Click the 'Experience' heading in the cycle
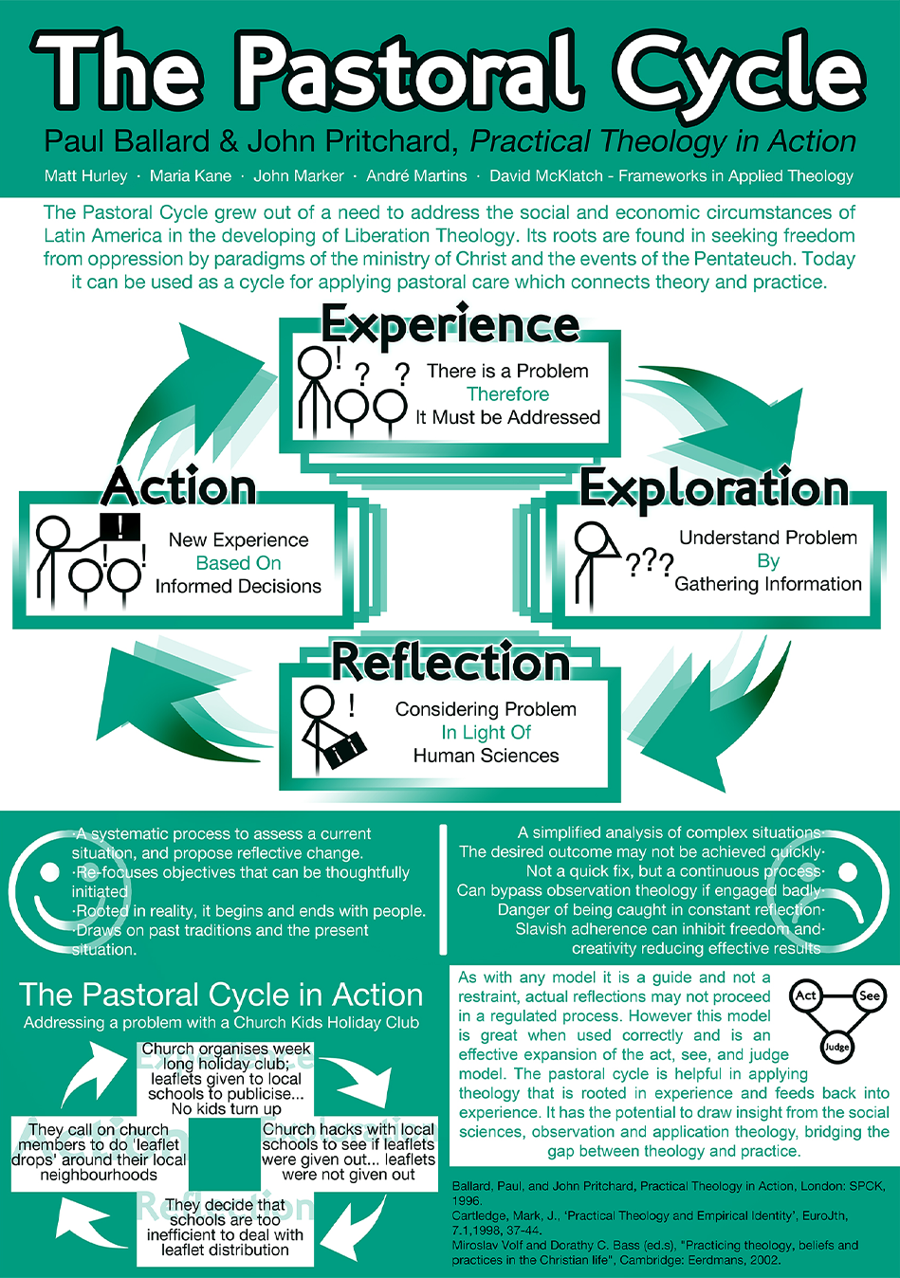(x=450, y=325)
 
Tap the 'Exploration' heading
(x=713, y=488)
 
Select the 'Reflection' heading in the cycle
(x=450, y=662)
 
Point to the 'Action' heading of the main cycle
(x=179, y=486)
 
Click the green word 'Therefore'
(x=507, y=394)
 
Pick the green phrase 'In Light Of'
(x=486, y=733)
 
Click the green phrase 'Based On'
(x=238, y=563)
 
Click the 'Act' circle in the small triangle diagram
(x=806, y=995)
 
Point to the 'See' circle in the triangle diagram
(x=869, y=995)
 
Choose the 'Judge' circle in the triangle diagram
(x=836, y=1048)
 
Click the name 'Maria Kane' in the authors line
(x=190, y=175)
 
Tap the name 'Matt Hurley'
(x=85, y=175)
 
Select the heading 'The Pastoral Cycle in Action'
(x=221, y=995)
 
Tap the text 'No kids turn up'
(x=226, y=1108)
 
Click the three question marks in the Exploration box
(x=650, y=564)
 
